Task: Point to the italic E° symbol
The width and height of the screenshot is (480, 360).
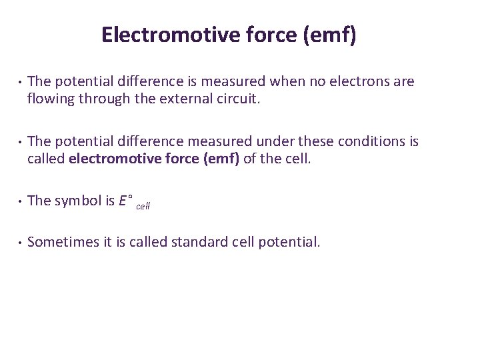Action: coord(125,201)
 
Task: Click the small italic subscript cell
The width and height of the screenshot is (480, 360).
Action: coord(143,206)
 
